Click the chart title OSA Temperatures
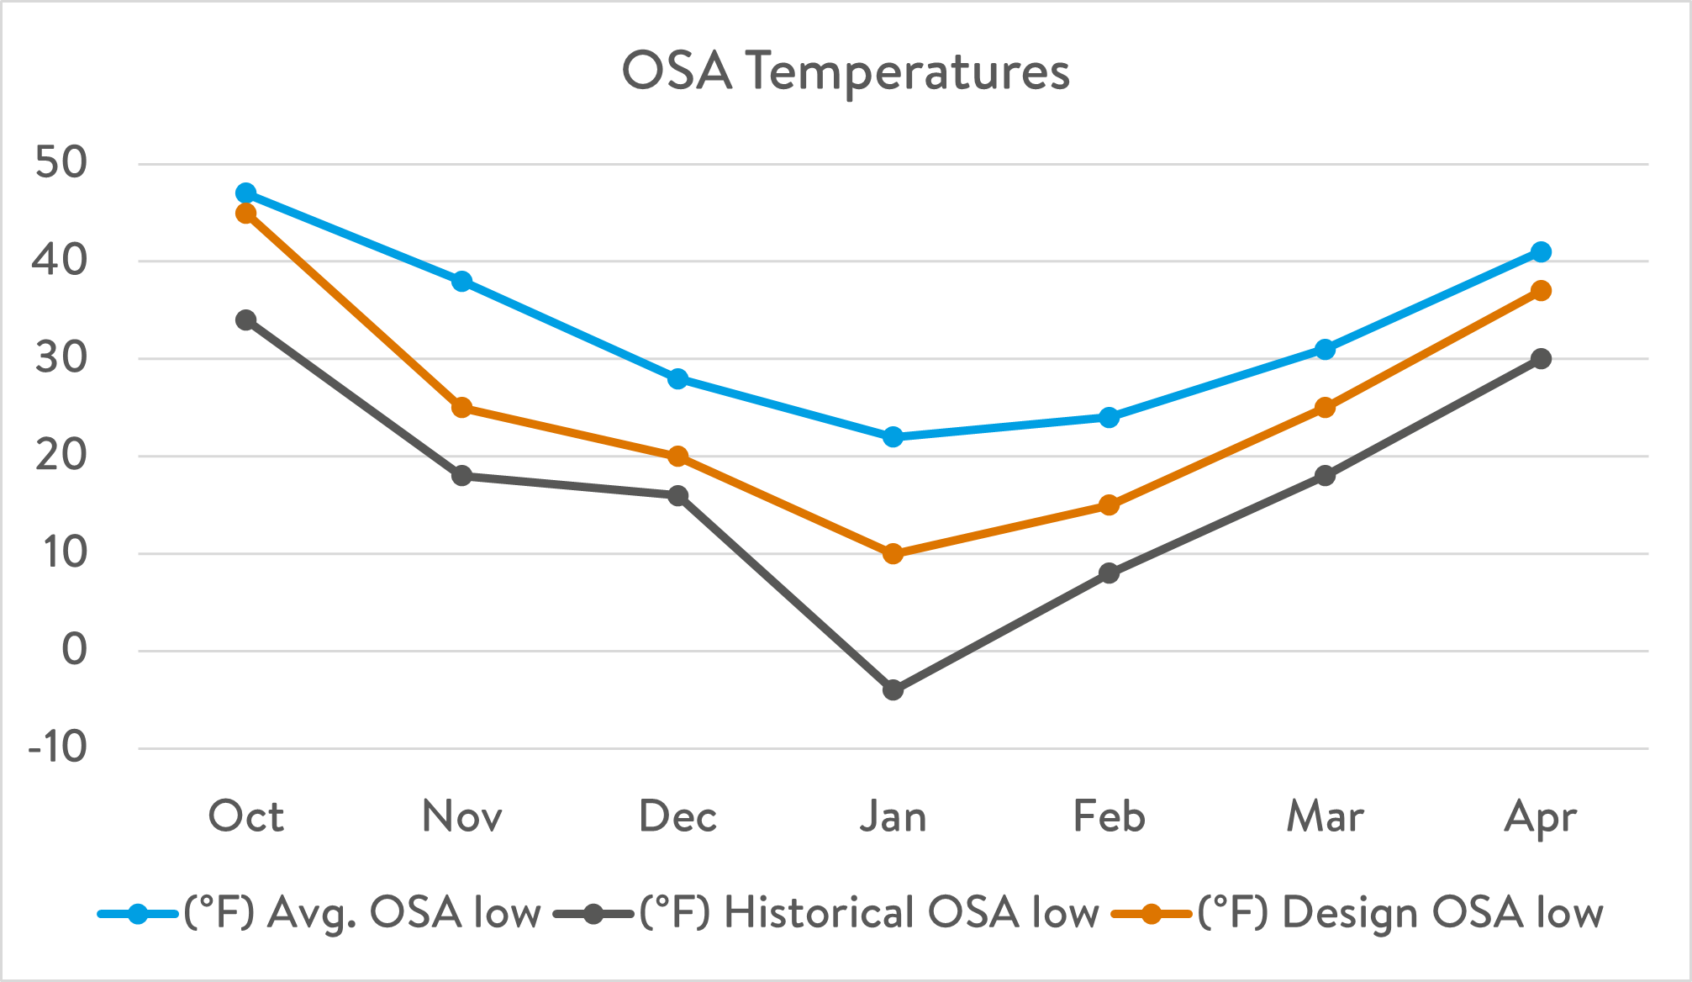(846, 71)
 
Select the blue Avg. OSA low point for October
(246, 193)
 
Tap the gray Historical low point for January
(893, 690)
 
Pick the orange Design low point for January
(893, 554)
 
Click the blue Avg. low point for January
(893, 437)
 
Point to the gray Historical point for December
(677, 496)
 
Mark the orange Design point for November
(461, 408)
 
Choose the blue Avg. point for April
(1541, 252)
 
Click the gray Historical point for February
(1110, 573)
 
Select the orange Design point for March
(1326, 408)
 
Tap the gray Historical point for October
(246, 320)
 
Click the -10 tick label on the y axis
(58, 747)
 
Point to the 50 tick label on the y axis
(61, 163)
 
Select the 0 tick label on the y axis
(75, 650)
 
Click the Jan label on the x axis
(893, 816)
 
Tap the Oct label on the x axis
(246, 816)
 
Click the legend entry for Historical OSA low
(868, 913)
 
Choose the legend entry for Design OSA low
(1399, 913)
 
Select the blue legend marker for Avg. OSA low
(138, 914)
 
